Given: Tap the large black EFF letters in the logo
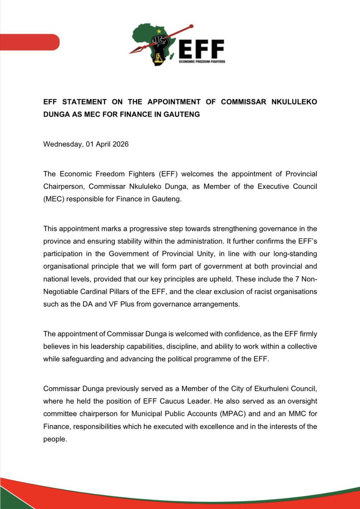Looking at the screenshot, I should [x=201, y=49].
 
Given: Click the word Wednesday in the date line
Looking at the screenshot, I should [x=62, y=144].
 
